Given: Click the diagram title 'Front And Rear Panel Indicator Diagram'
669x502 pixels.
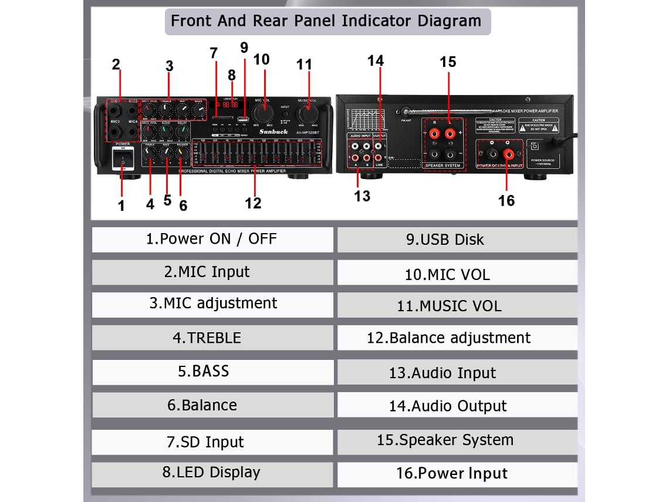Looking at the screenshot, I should tap(326, 22).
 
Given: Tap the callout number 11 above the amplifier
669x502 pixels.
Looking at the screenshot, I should tap(304, 64).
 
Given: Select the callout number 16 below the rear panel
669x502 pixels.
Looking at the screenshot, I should tap(506, 201).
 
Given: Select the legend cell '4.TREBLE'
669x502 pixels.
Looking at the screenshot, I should tap(212, 338).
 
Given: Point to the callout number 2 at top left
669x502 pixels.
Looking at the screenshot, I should tap(116, 65).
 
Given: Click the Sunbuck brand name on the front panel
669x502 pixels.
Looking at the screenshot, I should tap(273, 132).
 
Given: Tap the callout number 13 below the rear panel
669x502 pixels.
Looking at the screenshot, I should tap(362, 197).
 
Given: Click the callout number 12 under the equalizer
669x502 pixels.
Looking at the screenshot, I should tap(253, 203).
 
